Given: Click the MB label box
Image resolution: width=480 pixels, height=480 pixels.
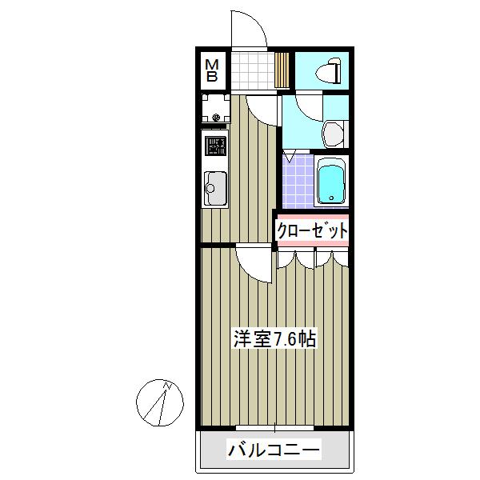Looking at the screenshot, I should (213, 70).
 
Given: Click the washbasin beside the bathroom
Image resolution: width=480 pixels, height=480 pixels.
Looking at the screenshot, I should (334, 132).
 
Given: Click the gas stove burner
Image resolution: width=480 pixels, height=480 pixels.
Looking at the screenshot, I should (215, 146).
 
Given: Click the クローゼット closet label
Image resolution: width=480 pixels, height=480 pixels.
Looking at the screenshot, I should (313, 231).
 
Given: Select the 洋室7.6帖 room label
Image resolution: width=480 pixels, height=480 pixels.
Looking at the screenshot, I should (274, 338).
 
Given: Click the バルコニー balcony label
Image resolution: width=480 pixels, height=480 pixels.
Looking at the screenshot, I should (274, 450).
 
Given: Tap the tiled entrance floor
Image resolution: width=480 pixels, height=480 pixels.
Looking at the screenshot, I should (252, 70).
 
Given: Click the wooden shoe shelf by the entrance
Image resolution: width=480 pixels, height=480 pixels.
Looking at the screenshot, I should (282, 70).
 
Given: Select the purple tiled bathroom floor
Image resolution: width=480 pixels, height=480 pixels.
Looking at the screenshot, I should (298, 182).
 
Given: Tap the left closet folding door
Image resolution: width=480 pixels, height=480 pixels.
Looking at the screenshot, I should (296, 259).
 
